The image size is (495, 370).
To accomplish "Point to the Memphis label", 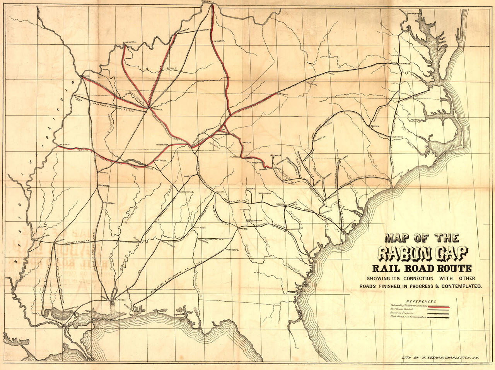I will (65, 145).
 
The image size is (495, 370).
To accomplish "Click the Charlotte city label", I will (320, 140).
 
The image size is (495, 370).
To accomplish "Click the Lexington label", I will (218, 40).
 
